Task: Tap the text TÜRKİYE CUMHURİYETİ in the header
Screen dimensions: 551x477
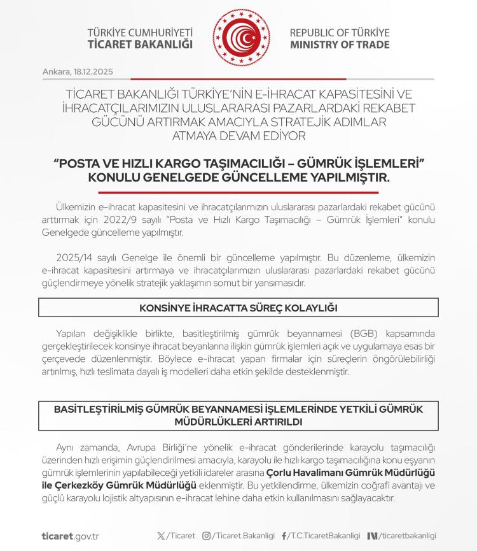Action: click(140, 32)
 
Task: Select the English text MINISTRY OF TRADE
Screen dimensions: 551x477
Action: click(340, 45)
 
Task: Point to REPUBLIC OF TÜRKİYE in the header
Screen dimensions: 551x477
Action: click(340, 32)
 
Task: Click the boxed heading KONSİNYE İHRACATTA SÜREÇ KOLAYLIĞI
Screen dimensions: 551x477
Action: click(238, 308)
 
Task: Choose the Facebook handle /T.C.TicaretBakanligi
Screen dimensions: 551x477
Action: click(324, 536)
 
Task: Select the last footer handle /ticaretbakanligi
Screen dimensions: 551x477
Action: click(407, 536)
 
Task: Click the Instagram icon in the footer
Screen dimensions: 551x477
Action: click(206, 536)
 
